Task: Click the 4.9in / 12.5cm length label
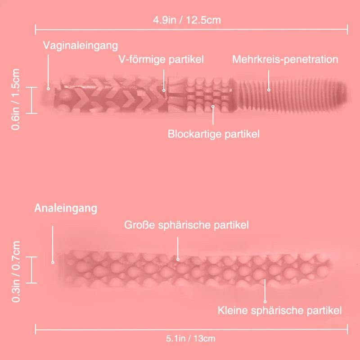pos(187,20)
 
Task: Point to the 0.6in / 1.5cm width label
pos(16,99)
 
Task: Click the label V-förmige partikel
pos(161,59)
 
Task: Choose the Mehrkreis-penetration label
pos(285,59)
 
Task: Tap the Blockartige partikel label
pos(213,134)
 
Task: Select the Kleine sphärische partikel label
pos(279,310)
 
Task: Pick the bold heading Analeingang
pos(66,208)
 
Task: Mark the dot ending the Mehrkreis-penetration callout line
pos(269,90)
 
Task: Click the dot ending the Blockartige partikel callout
pos(213,107)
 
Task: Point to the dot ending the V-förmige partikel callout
pos(164,90)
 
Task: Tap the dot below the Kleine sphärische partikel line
pos(265,301)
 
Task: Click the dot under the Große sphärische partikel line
pos(178,259)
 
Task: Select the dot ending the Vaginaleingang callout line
pos(49,88)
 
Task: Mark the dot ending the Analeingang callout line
pos(53,262)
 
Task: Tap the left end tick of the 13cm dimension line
pos(36,329)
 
